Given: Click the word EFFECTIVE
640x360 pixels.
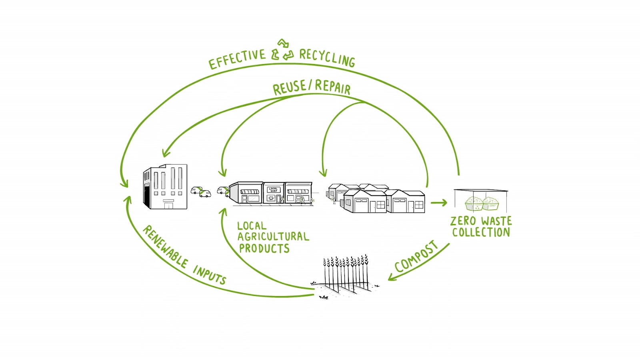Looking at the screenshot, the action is click(237, 59).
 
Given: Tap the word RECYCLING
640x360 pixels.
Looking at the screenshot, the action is click(328, 58).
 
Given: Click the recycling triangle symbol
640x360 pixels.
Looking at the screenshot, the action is click(282, 50).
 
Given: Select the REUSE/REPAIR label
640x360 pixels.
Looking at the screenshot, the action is click(312, 88).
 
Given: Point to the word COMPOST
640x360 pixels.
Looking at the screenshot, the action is click(416, 256).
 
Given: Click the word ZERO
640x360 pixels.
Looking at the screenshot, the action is click(464, 221).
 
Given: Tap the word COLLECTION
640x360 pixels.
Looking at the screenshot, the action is click(481, 232).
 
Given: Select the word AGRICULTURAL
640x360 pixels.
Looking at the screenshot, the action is click(274, 236).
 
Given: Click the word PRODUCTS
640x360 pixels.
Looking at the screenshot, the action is click(264, 248).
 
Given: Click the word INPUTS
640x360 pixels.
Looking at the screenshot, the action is click(210, 275).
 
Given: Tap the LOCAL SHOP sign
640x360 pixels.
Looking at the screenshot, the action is click(274, 190).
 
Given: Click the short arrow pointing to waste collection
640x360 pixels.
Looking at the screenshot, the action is click(439, 203).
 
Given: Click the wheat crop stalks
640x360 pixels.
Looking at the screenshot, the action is click(346, 273).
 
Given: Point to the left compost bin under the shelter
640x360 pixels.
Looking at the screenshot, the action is click(474, 203).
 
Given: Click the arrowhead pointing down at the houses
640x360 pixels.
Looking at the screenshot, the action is click(323, 172).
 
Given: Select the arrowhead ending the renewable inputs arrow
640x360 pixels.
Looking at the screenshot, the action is click(128, 200).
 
